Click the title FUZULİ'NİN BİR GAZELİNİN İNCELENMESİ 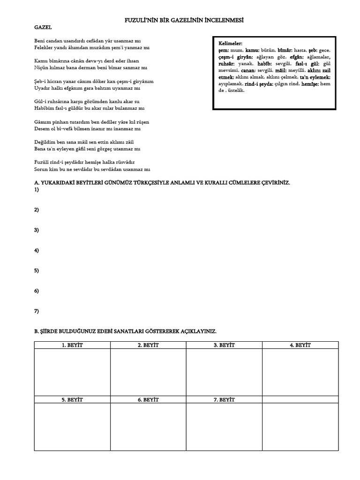[x=180, y=21]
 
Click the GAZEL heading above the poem [x=43, y=28]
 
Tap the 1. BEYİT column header [x=72, y=345]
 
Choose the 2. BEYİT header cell [x=148, y=345]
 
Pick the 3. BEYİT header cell [x=224, y=345]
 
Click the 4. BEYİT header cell [x=300, y=345]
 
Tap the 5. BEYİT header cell [x=72, y=400]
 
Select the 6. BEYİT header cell [x=148, y=400]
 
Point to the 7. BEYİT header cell [x=224, y=400]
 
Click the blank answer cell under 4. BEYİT [x=300, y=372]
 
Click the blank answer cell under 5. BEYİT [x=72, y=427]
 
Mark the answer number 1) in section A [x=37, y=190]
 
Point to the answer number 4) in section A [x=37, y=251]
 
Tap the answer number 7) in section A [x=37, y=311]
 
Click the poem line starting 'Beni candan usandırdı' [x=92, y=41]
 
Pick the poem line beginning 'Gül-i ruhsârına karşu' [x=87, y=101]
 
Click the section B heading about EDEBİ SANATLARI [x=125, y=331]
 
